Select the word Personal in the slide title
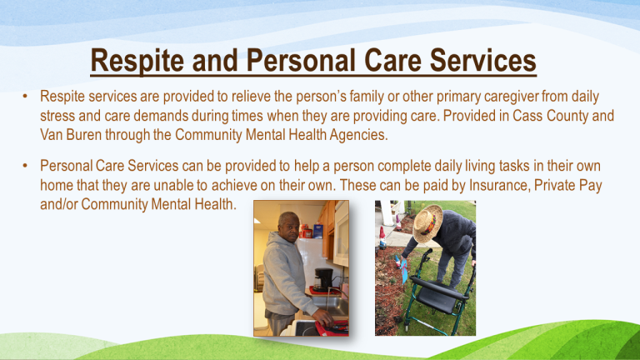point(301,60)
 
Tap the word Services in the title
point(482,60)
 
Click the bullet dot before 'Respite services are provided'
point(25,97)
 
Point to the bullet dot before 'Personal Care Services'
point(25,166)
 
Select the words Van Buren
point(71,135)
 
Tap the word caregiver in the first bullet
point(512,97)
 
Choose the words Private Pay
point(568,186)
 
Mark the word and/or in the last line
point(59,204)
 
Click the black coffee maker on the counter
point(323,280)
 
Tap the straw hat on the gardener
point(427,223)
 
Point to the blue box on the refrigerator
point(317,231)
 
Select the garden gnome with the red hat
point(382,237)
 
